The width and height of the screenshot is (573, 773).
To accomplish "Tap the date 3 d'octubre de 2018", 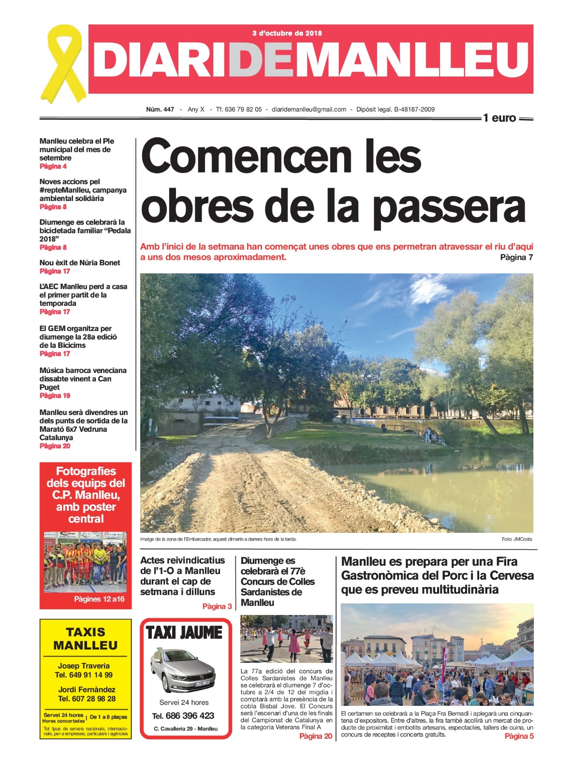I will pos(287,33).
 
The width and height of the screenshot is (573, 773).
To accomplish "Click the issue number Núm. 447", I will pos(160,110).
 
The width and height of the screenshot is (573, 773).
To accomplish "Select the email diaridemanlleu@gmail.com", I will pos(309,110).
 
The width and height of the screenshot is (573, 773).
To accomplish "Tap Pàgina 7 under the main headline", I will pos(516,258).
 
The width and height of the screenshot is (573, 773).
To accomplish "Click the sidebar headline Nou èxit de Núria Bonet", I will pos(80,263).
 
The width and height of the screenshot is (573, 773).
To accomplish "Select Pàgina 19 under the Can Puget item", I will pos(55,396).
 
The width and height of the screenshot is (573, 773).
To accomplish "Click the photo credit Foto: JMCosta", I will pos(516,539).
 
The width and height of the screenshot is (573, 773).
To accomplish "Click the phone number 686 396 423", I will pos(190,716).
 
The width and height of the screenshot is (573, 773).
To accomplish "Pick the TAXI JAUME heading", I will pos(184,633).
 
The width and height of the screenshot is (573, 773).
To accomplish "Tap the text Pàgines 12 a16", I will pos(99,599).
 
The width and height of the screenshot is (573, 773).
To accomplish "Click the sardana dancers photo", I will pos(286,639).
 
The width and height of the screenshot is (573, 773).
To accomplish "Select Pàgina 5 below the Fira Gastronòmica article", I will pos(519,736).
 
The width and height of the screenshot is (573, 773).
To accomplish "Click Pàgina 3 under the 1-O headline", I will pos(217,606).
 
